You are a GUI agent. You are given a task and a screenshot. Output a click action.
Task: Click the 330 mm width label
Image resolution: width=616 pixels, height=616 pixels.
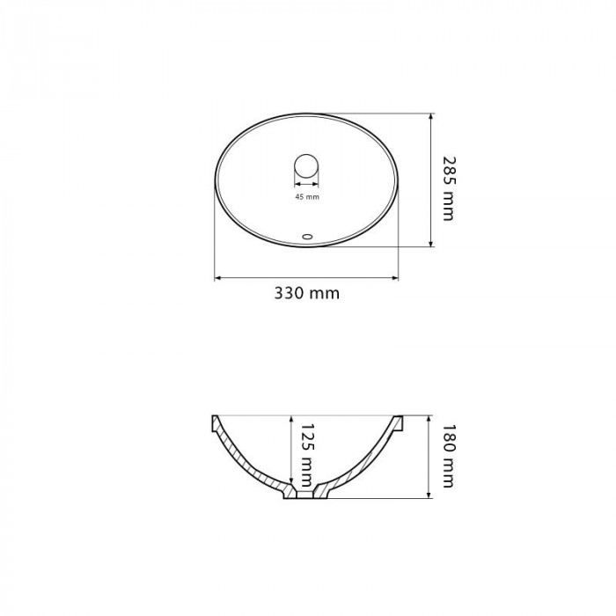tap(306, 293)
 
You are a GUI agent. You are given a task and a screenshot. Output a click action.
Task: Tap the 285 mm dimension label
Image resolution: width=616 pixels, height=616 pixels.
tap(448, 188)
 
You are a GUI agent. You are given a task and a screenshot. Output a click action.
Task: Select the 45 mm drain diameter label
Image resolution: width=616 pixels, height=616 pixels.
tap(307, 197)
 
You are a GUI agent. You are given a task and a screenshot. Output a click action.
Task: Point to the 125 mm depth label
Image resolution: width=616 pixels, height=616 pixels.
tap(308, 455)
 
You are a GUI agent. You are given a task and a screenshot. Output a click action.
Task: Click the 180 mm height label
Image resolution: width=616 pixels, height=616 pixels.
tap(448, 456)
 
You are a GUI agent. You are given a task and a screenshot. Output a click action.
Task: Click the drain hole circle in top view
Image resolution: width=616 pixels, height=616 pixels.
tap(306, 166)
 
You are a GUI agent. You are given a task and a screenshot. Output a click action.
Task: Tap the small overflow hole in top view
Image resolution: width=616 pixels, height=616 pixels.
tap(307, 237)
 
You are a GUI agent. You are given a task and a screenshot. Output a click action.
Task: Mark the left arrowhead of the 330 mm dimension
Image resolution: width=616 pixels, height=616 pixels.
tap(217, 278)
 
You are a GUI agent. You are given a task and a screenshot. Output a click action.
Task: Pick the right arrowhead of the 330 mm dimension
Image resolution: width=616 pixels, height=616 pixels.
tap(395, 278)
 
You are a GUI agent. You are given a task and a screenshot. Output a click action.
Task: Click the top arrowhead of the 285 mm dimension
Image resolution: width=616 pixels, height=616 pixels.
tap(431, 116)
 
